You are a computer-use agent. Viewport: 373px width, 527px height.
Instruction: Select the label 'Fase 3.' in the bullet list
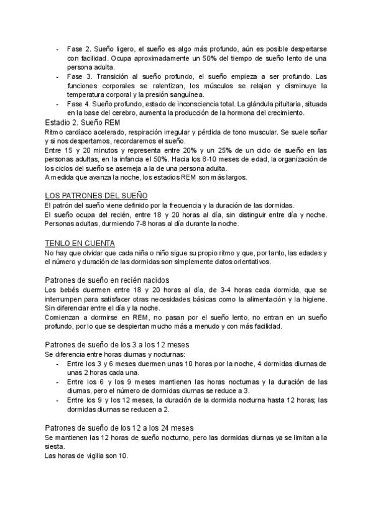pos(78,76)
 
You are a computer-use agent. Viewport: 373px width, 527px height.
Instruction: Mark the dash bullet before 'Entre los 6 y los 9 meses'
pos(58,382)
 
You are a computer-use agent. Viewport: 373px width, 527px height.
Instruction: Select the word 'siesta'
pos(55,447)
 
